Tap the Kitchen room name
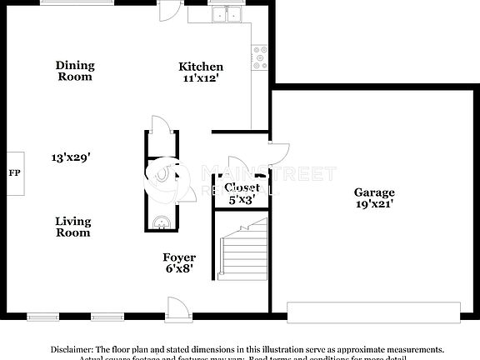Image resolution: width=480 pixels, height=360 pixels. (x=201, y=67)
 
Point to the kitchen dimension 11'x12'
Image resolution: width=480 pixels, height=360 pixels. (x=201, y=78)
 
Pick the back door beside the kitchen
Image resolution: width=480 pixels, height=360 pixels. (x=169, y=10)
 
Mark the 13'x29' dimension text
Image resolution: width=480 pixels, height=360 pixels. (x=70, y=157)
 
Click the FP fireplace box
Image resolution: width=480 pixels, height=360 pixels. (x=13, y=173)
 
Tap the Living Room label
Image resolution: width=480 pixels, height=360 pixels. (x=72, y=227)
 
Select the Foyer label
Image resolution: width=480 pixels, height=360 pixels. (x=179, y=258)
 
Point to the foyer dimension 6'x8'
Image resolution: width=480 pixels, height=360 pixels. (x=179, y=270)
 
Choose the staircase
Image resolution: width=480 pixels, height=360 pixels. (x=243, y=246)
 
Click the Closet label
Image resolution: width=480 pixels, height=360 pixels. (x=242, y=187)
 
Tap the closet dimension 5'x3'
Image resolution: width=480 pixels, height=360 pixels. (x=242, y=199)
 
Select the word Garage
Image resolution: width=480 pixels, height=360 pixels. (x=373, y=192)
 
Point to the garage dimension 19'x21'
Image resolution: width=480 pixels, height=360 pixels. (x=373, y=203)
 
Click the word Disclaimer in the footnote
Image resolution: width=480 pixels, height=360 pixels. (x=72, y=350)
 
